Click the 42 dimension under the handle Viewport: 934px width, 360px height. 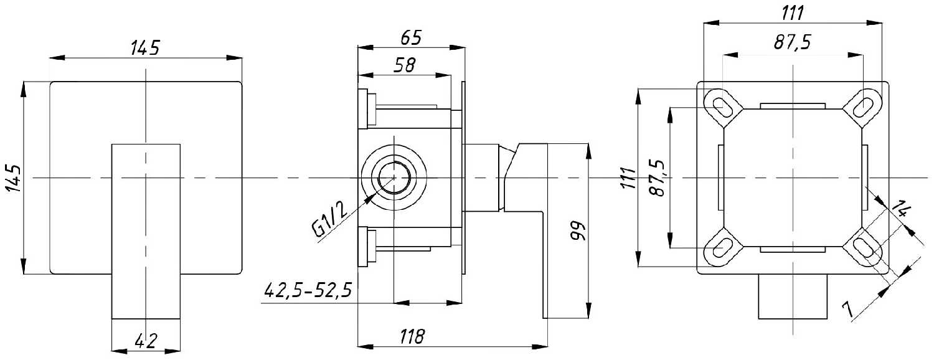(x=145, y=340)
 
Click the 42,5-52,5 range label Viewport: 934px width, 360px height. (x=308, y=290)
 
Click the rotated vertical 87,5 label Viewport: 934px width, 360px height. (x=656, y=179)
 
